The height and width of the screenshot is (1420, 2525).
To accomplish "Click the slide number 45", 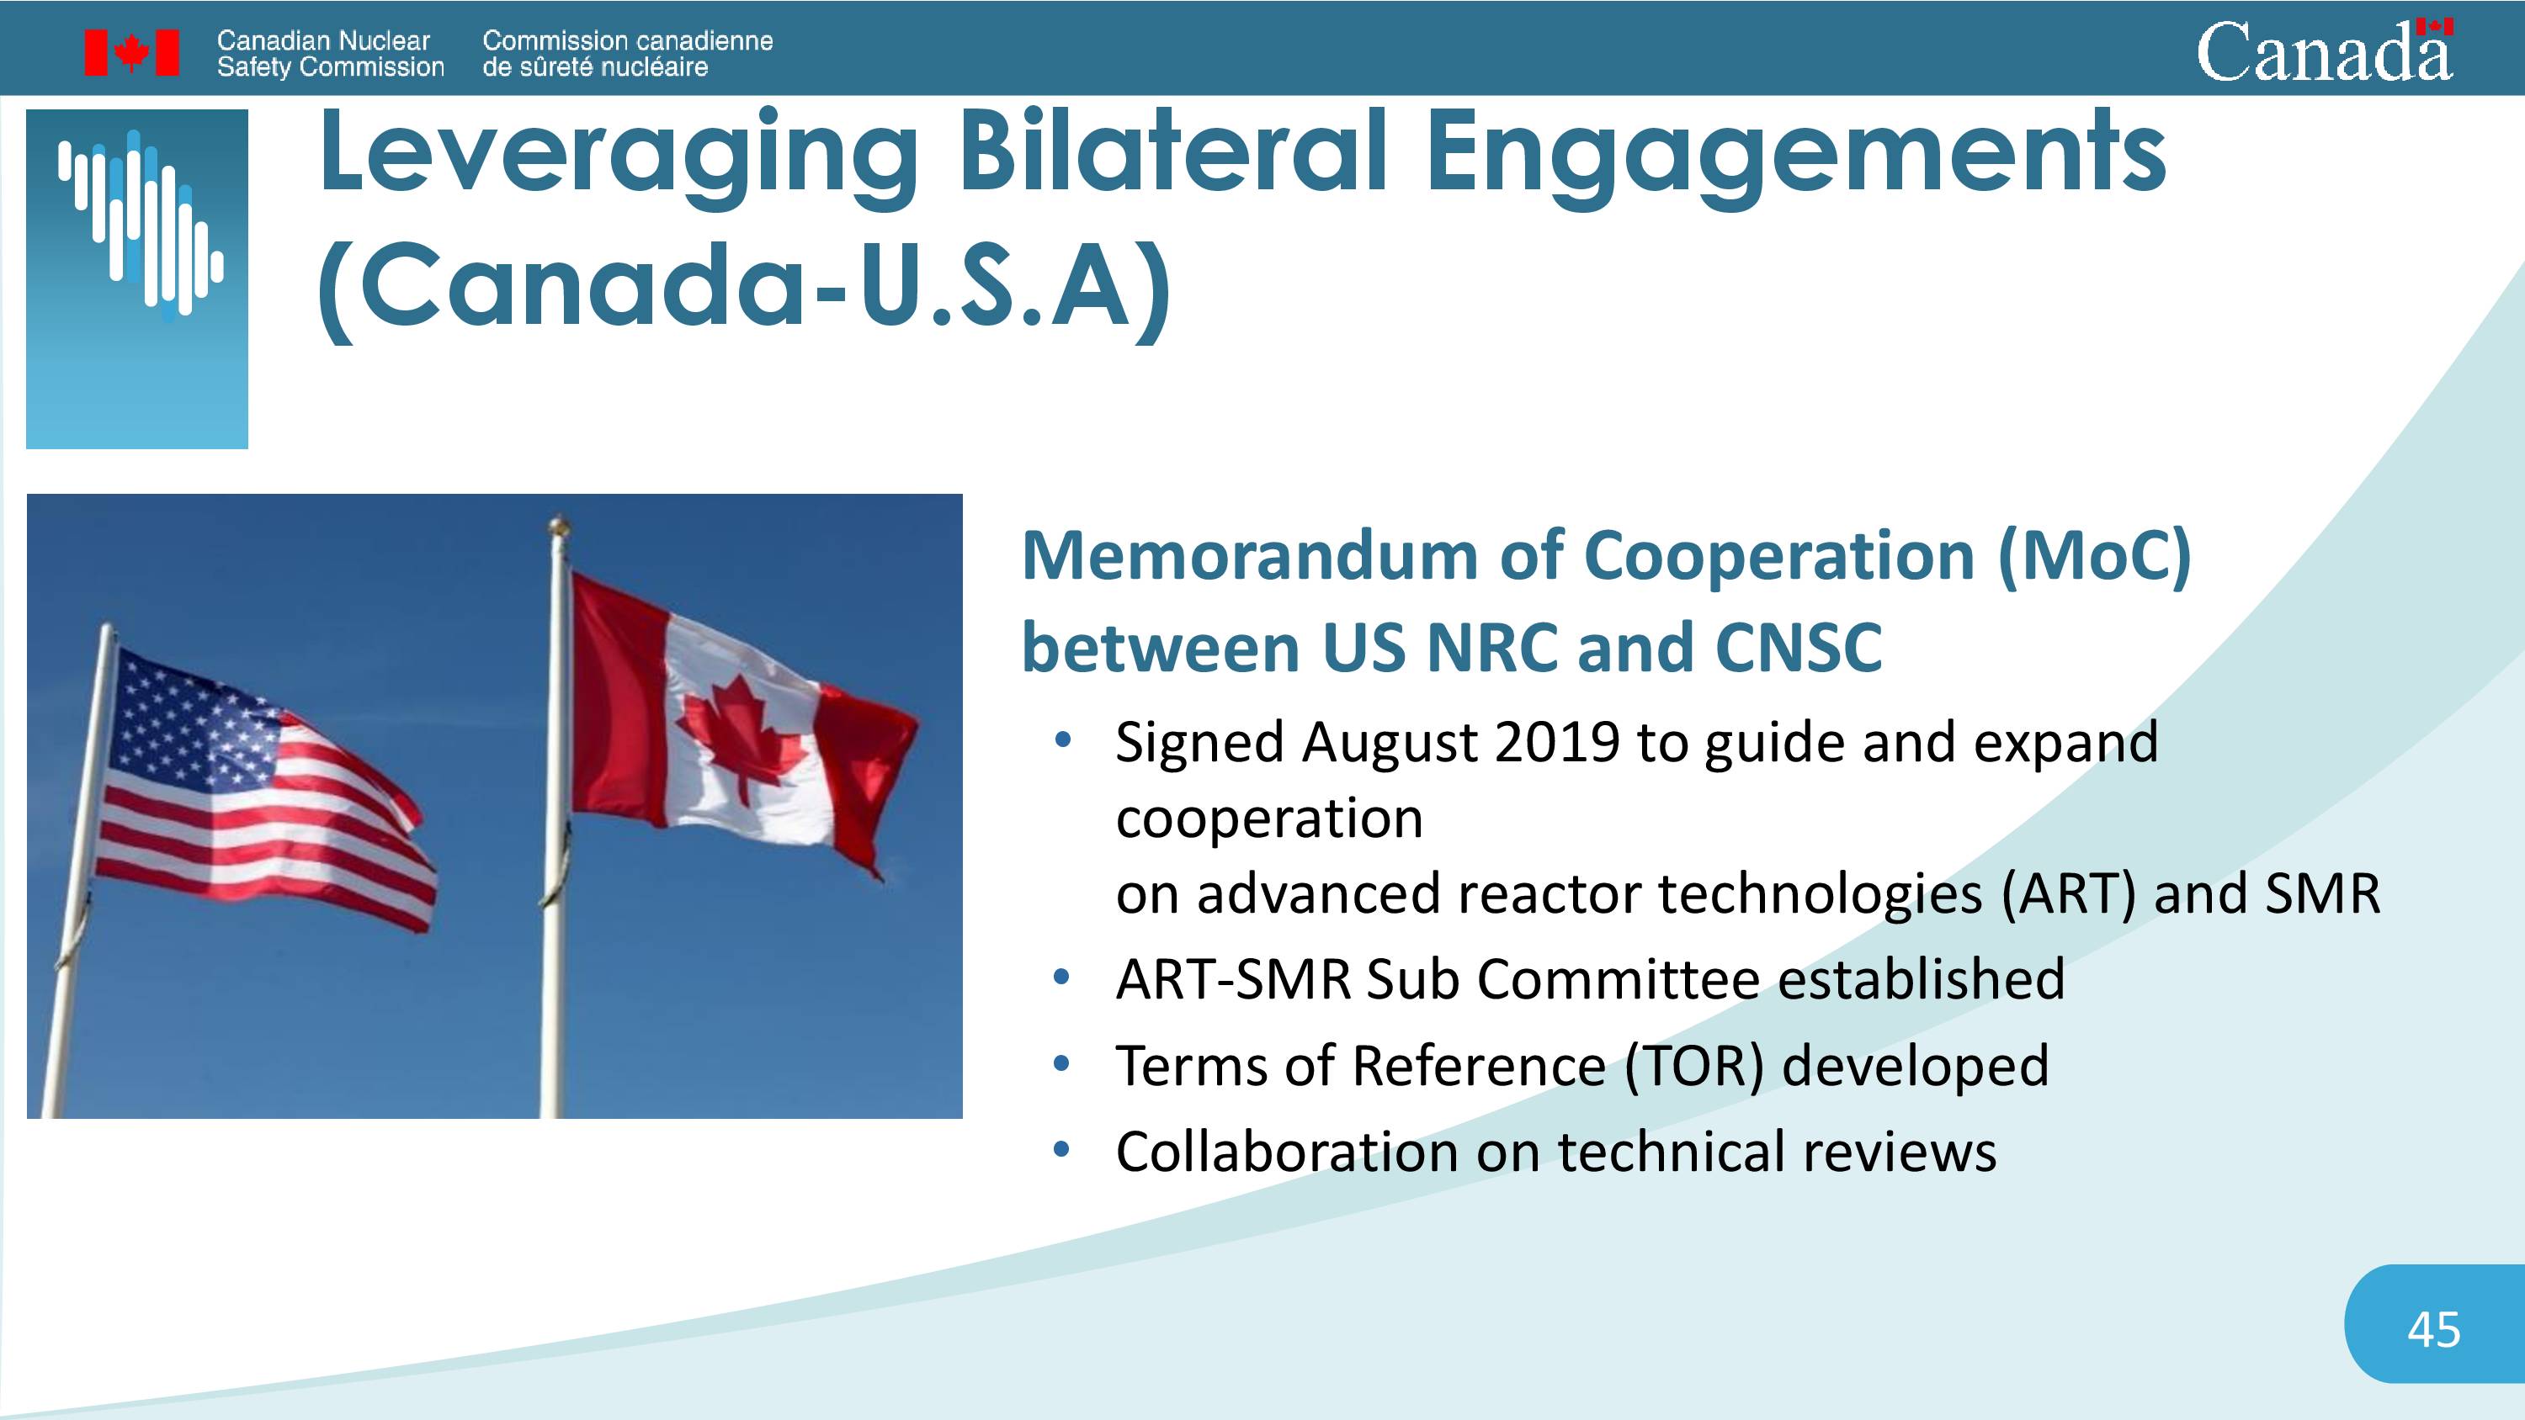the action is pos(2434,1330).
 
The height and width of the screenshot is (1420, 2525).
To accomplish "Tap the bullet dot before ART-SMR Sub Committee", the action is pos(1060,978).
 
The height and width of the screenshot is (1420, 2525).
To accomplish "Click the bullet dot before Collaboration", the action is pos(1060,1149).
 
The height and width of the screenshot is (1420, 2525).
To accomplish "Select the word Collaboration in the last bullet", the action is pos(1287,1152).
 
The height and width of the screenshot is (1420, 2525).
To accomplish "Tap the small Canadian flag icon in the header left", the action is pos(131,52).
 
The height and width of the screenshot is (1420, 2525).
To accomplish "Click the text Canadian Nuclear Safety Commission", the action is pos(330,54).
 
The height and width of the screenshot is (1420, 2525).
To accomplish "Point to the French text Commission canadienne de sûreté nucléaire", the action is pos(627,54).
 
